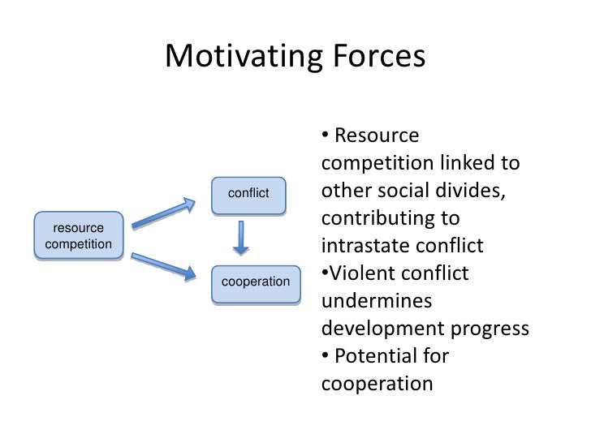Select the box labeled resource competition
tap(79, 235)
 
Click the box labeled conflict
tap(248, 195)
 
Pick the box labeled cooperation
tap(256, 282)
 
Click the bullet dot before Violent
tap(325, 273)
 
